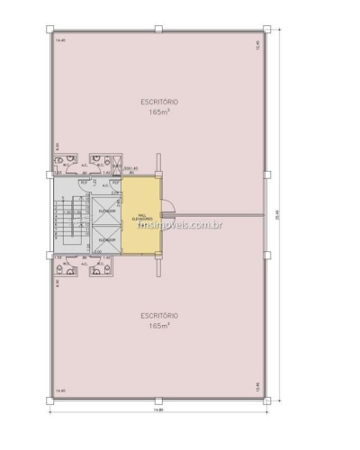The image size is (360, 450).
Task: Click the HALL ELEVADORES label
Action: point(140,219)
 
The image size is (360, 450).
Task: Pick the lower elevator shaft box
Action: point(105,239)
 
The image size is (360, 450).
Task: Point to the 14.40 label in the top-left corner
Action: point(60,41)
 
